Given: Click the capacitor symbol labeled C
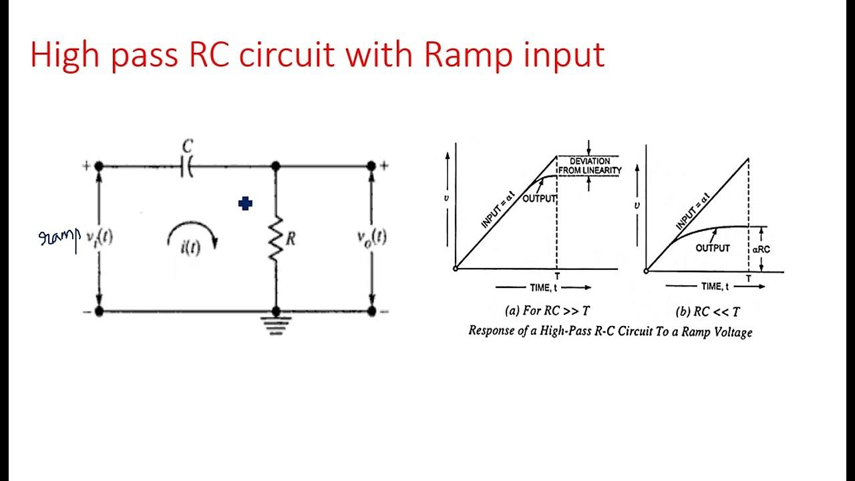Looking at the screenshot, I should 187,167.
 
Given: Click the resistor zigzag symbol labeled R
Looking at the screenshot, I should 275,238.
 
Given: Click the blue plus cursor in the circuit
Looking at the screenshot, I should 245,204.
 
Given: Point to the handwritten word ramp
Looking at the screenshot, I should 59,238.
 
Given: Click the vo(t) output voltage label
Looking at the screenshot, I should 371,236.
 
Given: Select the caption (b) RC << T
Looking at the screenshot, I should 707,311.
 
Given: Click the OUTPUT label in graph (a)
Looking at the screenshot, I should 539,198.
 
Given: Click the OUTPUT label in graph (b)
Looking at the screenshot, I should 713,248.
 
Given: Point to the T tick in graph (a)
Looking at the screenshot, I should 557,276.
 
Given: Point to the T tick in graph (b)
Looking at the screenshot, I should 748,278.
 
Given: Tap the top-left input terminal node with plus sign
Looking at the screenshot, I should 99,166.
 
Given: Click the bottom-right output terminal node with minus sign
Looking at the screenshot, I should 371,311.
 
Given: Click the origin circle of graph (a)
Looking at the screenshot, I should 455,269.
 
